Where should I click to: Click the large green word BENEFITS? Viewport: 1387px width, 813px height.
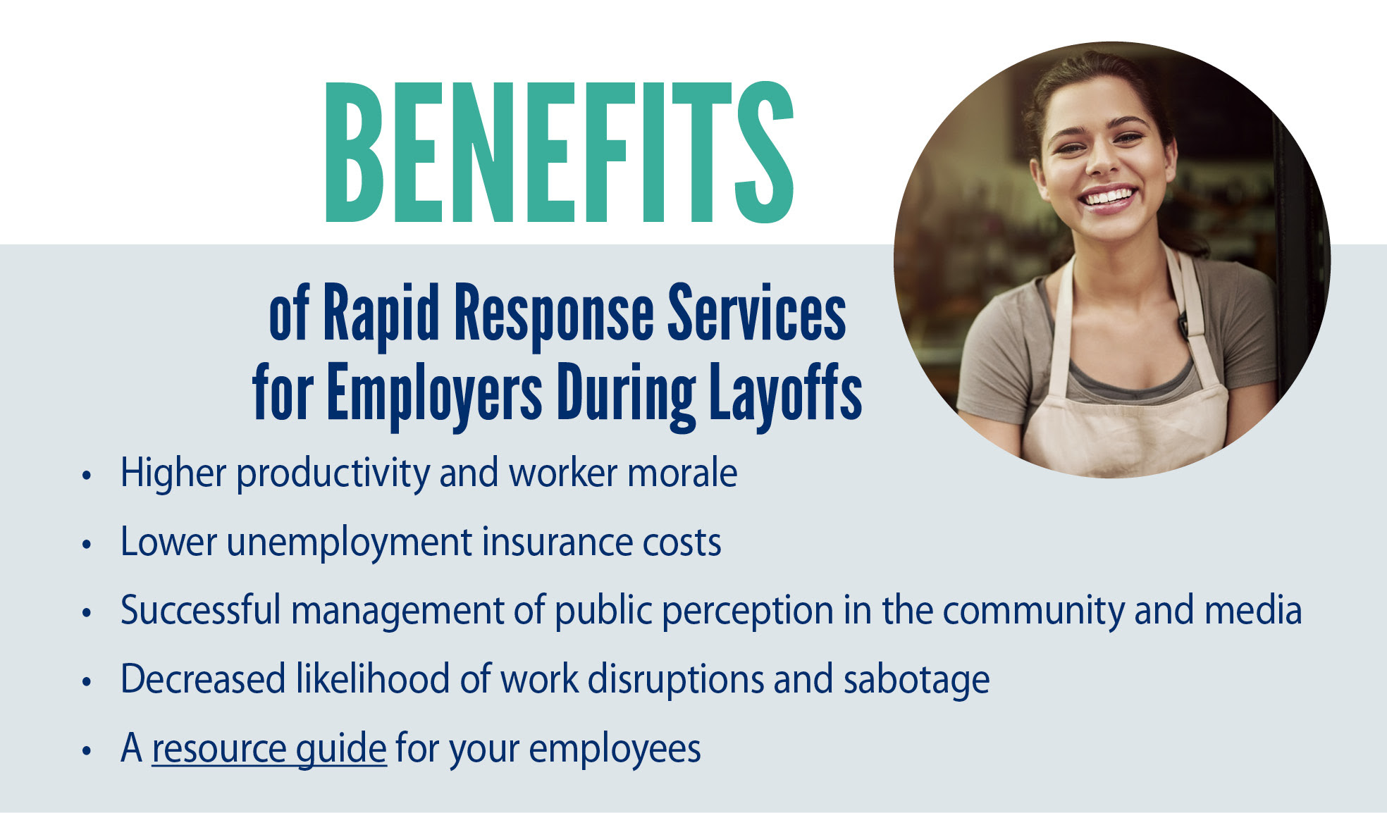click(x=560, y=152)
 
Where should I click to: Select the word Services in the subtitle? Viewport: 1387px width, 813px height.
click(x=757, y=313)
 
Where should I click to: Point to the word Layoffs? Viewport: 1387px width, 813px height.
click(x=786, y=393)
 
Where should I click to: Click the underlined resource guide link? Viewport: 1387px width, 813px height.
click(x=269, y=748)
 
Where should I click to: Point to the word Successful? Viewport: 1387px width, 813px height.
click(x=201, y=610)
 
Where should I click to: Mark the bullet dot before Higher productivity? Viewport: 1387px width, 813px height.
click(x=87, y=476)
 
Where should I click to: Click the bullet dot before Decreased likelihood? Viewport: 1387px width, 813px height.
click(x=87, y=682)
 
